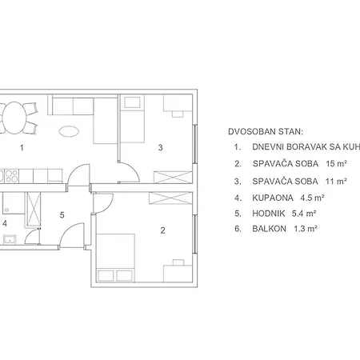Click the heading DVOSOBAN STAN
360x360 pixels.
pyautogui.click(x=261, y=131)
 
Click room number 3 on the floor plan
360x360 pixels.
pyautogui.click(x=160, y=147)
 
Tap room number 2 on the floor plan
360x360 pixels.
pyautogui.click(x=162, y=231)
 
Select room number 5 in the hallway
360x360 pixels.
pyautogui.click(x=62, y=214)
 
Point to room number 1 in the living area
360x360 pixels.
pyautogui.click(x=22, y=147)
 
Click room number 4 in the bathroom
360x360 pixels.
pyautogui.click(x=4, y=223)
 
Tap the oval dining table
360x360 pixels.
pyautogui.click(x=17, y=118)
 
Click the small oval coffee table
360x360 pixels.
pyautogui.click(x=70, y=130)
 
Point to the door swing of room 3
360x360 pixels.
pyautogui.click(x=126, y=169)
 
